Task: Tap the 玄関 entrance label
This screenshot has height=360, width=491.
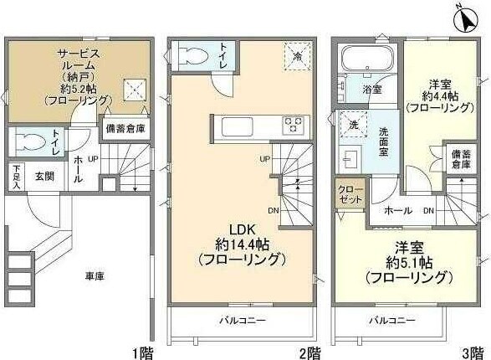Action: tap(44, 176)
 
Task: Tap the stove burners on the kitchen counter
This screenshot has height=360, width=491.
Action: tap(294, 125)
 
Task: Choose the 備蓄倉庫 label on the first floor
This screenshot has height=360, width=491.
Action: tap(124, 129)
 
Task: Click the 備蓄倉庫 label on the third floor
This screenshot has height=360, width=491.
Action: tap(461, 159)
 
